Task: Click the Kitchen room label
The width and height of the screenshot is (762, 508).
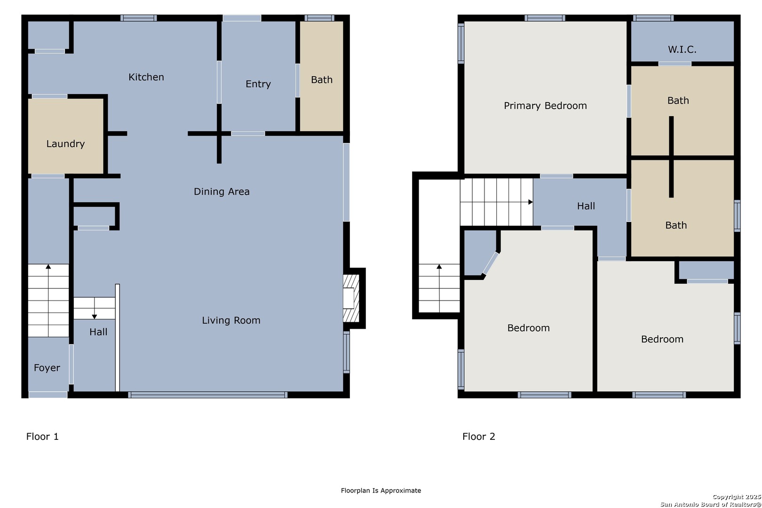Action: (146, 77)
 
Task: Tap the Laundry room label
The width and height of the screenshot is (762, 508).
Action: (65, 144)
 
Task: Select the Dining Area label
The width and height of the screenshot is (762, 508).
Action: (222, 191)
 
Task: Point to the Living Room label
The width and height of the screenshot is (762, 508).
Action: (231, 320)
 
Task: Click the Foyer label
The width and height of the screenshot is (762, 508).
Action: (47, 368)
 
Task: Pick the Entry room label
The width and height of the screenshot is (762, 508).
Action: (258, 84)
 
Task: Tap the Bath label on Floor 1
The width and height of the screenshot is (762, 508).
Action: (321, 79)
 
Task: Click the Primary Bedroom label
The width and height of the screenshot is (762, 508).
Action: (545, 106)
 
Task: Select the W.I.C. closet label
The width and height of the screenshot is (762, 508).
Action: (682, 50)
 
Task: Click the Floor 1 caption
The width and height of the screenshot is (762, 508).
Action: (42, 437)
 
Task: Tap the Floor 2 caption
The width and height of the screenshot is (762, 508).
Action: (479, 437)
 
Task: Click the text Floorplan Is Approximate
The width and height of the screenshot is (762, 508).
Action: (381, 490)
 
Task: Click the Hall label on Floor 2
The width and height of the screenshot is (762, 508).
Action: (586, 206)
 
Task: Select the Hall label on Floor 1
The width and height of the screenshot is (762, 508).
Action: (98, 332)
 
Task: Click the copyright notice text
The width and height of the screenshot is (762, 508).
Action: (711, 500)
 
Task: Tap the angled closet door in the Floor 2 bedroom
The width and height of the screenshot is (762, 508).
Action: (491, 263)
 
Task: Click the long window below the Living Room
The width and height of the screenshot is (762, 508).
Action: (208, 395)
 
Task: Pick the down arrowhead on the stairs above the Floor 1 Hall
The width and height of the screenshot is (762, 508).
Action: (95, 317)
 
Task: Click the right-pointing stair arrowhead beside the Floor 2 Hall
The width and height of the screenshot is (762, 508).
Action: (530, 202)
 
